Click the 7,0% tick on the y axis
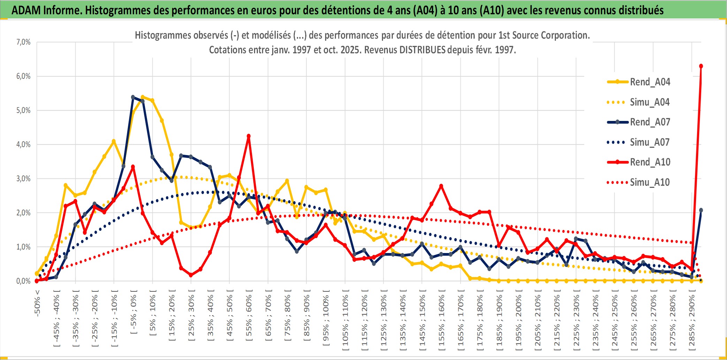pos(23,42)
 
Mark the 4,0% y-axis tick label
pos(23,144)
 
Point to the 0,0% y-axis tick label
pos(23,281)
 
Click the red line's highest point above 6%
pos(701,66)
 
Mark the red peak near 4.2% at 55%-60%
pos(248,136)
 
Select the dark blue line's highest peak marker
pos(133,97)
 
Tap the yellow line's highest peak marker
pos(143,97)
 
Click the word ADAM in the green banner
pos(26,10)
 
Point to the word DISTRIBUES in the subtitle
pos(422,50)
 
